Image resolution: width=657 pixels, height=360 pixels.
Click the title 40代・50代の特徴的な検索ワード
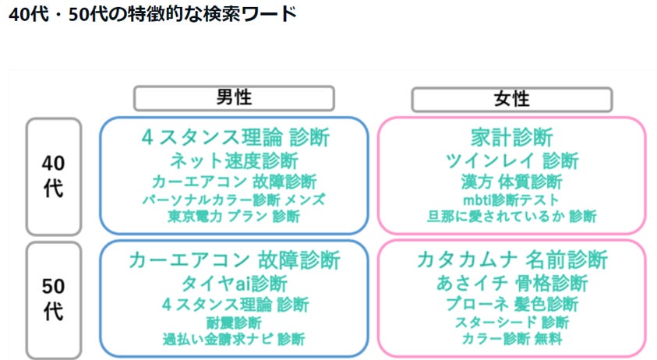click(x=152, y=15)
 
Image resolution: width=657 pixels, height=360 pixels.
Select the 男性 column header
click(x=234, y=98)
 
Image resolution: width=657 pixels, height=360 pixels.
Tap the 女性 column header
click(x=511, y=99)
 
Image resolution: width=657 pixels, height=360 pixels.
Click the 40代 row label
click(x=53, y=176)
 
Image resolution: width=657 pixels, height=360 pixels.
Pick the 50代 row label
click(x=53, y=298)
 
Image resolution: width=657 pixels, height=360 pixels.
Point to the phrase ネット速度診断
click(x=234, y=161)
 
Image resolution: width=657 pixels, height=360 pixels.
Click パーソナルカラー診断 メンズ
click(x=234, y=199)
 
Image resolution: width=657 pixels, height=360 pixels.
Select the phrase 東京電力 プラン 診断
click(x=234, y=217)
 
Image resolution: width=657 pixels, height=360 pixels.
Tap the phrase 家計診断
click(x=512, y=137)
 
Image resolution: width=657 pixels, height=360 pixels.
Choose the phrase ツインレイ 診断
click(x=512, y=161)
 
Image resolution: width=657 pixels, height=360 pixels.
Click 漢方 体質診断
click(x=512, y=182)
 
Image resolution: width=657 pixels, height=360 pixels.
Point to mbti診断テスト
click(x=512, y=199)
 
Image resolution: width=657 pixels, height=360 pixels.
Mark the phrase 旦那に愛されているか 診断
click(x=512, y=217)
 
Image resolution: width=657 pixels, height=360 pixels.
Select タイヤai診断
click(x=234, y=283)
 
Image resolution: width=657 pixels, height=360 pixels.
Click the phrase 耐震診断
click(x=234, y=322)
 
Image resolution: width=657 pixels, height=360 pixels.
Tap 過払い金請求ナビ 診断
click(x=234, y=339)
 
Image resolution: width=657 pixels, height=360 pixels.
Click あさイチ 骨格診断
click(x=512, y=283)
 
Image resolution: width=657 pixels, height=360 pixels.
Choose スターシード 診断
click(x=512, y=322)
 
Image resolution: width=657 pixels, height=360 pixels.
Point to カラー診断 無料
click(x=512, y=339)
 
